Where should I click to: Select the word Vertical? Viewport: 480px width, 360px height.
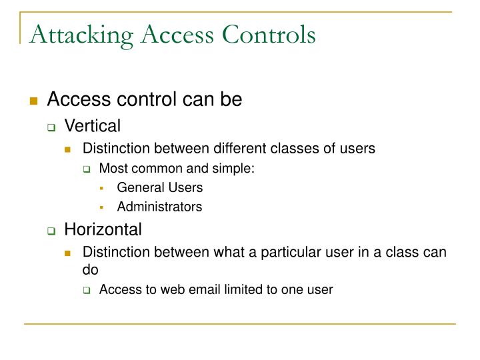[92, 125]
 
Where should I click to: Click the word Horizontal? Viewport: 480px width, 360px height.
[103, 230]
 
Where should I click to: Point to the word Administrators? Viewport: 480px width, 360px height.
[159, 207]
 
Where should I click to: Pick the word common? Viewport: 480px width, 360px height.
[148, 168]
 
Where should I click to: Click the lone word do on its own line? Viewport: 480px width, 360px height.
[90, 270]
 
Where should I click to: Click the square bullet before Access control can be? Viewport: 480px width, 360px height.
[33, 101]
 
